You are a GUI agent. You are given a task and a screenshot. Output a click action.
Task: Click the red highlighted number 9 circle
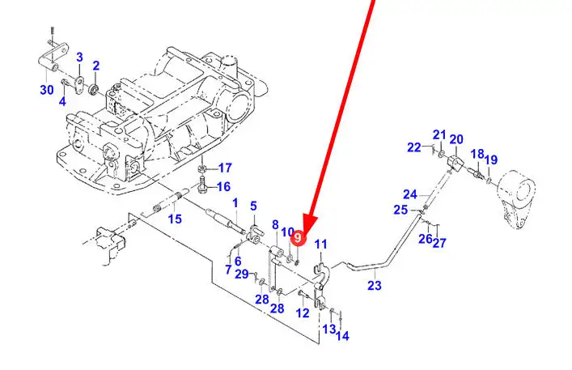click(297, 238)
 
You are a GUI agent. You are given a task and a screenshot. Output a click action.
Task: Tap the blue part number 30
click(47, 90)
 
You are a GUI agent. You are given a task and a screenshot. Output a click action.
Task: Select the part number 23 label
click(375, 285)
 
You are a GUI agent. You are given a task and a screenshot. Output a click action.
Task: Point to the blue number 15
click(175, 219)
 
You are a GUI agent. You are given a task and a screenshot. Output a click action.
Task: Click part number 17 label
click(225, 168)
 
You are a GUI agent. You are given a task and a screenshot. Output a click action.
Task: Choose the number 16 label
click(223, 187)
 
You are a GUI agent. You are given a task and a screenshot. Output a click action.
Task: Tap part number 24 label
click(410, 194)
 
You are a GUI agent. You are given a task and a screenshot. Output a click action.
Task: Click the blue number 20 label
click(456, 139)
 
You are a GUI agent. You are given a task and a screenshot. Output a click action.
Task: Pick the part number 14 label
click(342, 336)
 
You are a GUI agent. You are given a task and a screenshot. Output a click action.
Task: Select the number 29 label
click(242, 274)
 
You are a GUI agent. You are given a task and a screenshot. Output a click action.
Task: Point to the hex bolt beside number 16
click(202, 186)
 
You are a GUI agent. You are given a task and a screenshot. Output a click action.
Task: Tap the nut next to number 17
click(202, 168)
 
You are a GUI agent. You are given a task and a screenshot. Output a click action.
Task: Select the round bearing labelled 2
click(94, 89)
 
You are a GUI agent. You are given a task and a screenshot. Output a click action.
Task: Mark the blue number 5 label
click(253, 206)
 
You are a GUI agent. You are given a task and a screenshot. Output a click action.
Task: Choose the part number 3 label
click(79, 57)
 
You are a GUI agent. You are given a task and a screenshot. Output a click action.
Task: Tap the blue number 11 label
click(321, 245)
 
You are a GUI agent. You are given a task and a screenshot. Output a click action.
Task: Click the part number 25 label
click(400, 210)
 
